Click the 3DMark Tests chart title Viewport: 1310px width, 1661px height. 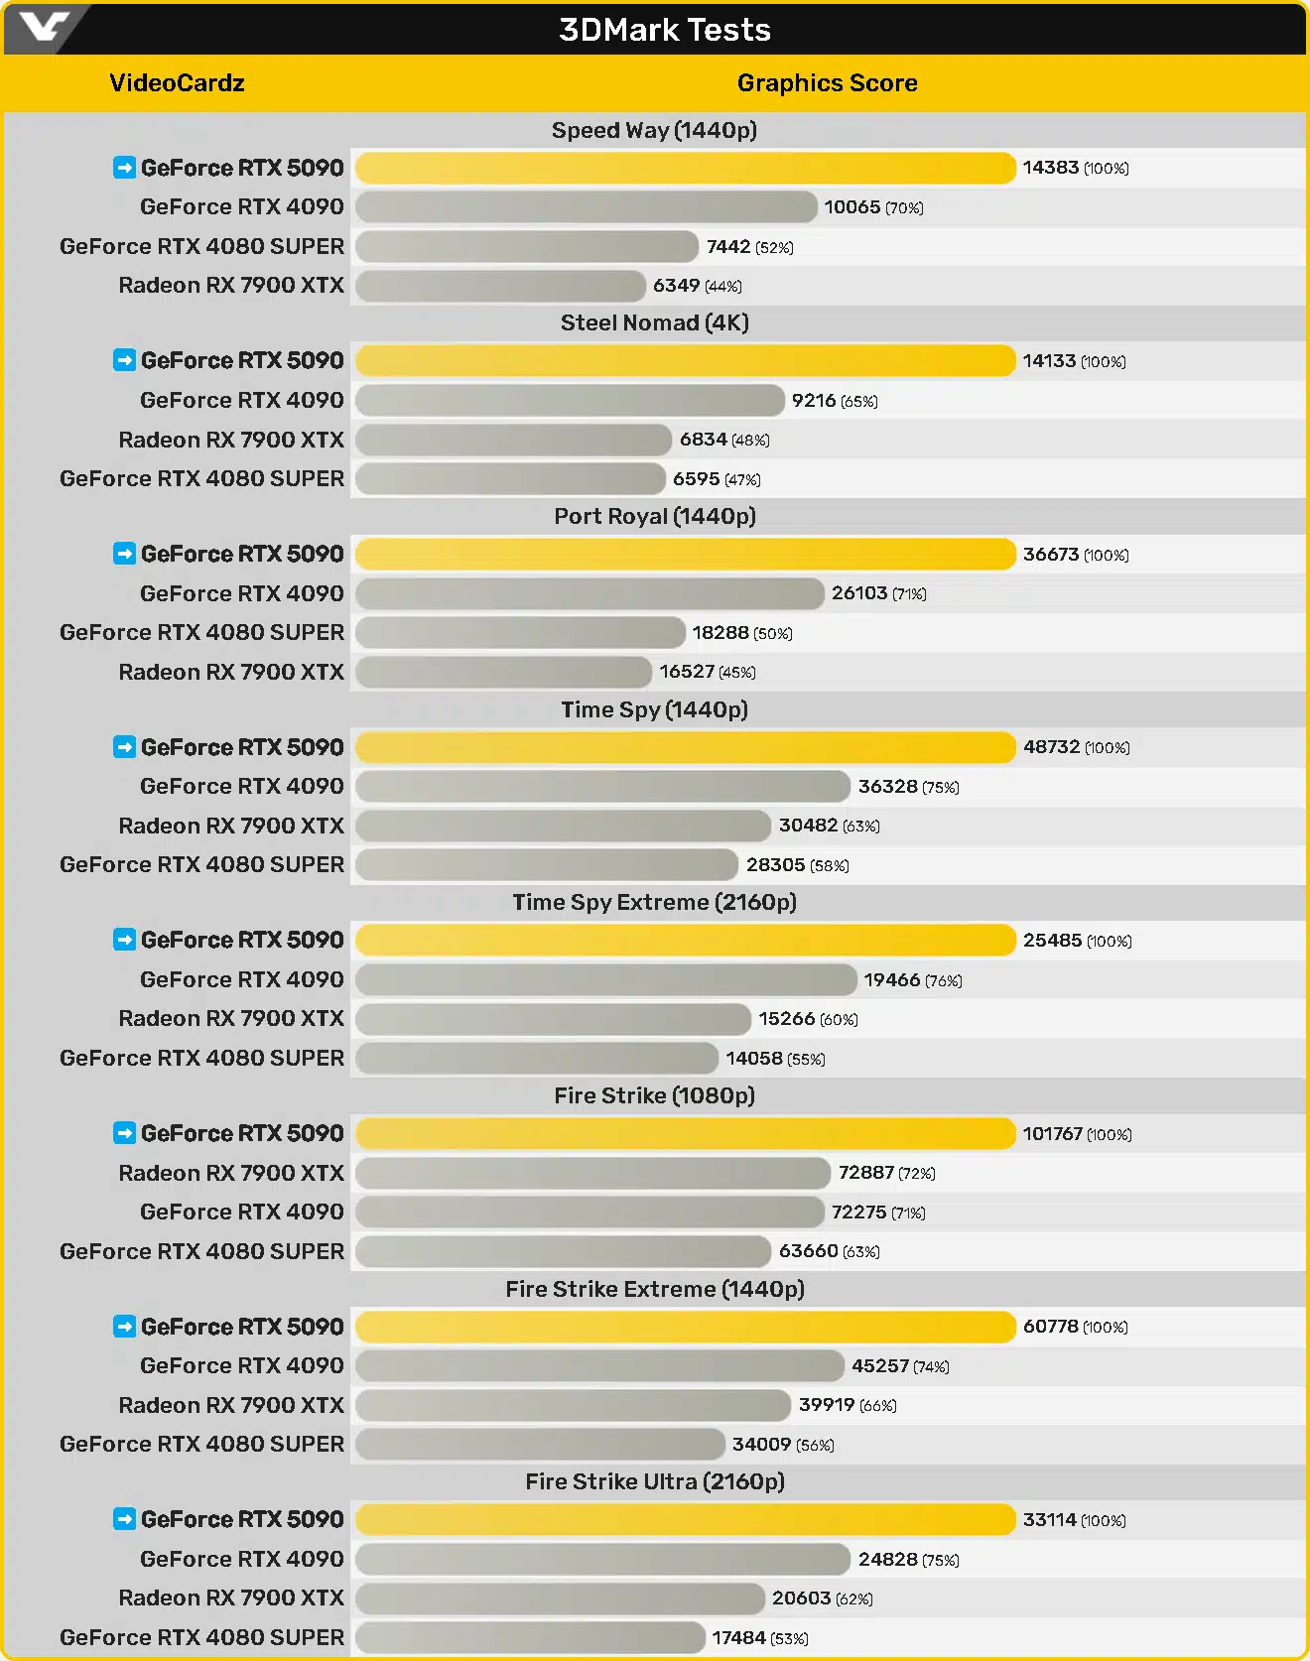point(664,30)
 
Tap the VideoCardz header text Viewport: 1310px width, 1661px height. point(177,83)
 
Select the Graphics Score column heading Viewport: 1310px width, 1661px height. point(827,83)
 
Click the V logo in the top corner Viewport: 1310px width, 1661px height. point(44,27)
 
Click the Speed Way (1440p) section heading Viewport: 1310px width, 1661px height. point(654,130)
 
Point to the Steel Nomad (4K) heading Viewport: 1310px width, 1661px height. point(654,322)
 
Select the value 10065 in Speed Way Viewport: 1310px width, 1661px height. point(851,207)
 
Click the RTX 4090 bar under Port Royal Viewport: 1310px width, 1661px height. point(589,593)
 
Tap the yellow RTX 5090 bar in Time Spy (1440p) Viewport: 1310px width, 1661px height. point(685,747)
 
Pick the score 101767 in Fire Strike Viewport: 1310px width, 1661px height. point(1052,1133)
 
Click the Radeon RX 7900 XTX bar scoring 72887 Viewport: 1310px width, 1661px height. point(592,1173)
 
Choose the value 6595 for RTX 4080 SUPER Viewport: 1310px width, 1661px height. point(696,479)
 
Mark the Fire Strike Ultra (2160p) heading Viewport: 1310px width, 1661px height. point(654,1481)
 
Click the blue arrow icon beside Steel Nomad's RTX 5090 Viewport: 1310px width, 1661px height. point(124,360)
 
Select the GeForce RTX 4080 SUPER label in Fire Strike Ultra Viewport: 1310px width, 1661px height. point(201,1637)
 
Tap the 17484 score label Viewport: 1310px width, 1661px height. point(738,1638)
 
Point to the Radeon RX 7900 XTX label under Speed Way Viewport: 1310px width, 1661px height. point(230,286)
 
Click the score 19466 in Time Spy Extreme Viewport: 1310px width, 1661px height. point(891,980)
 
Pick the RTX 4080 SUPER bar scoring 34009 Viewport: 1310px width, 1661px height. point(540,1445)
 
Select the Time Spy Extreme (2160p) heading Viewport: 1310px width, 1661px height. point(654,902)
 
